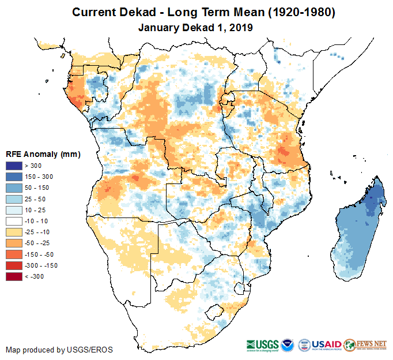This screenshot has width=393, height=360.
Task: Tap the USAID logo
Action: (x=326, y=344)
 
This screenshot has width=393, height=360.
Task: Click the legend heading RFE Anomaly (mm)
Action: (x=43, y=154)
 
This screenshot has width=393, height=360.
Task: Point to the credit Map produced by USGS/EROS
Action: (x=59, y=350)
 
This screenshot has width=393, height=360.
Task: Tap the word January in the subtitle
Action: (x=160, y=27)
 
